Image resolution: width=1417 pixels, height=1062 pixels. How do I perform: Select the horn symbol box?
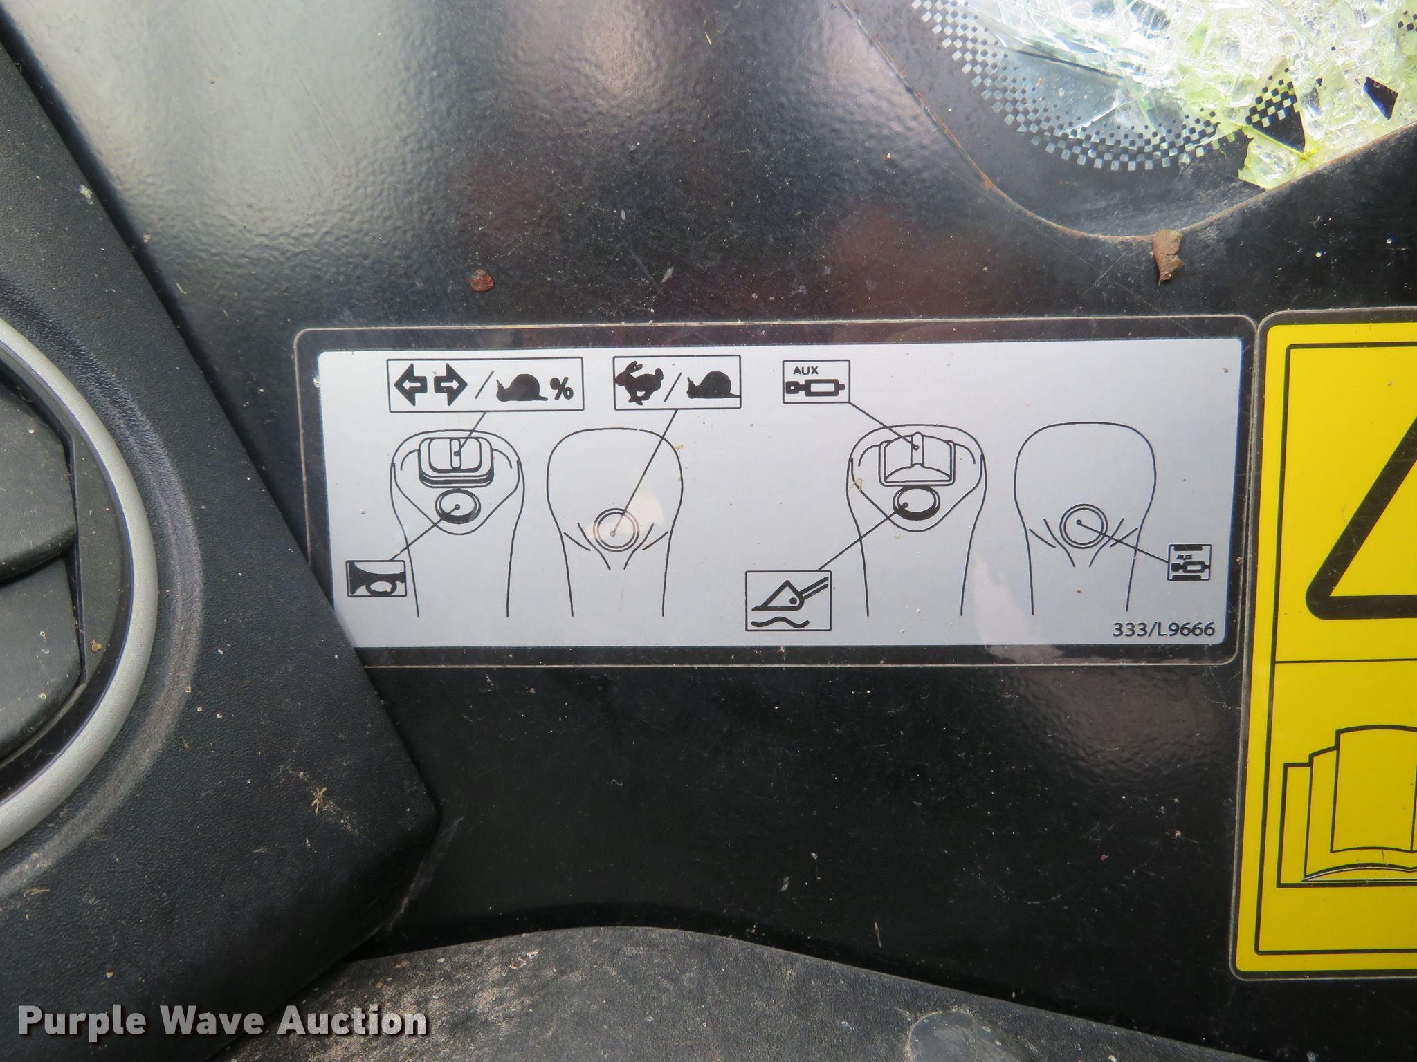pyautogui.click(x=375, y=578)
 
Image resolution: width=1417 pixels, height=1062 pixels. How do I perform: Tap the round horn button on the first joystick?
pyautogui.click(x=457, y=507)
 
